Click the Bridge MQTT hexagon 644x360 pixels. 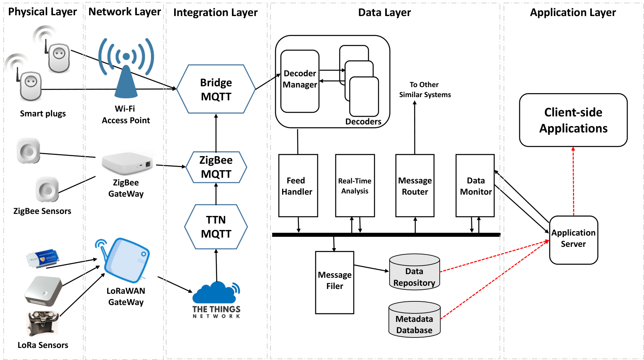tap(216, 89)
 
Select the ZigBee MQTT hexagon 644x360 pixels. tap(216, 167)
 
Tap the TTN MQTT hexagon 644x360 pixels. tap(216, 227)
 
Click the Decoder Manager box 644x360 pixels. tap(300, 81)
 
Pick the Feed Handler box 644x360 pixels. tap(298, 185)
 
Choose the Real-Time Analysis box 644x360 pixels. tap(355, 185)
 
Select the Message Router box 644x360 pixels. tap(415, 185)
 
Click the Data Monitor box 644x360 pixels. tap(475, 185)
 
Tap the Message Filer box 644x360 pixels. tap(335, 283)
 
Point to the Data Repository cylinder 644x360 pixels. tap(414, 271)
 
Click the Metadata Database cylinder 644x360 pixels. tap(414, 319)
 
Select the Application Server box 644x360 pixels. tap(573, 240)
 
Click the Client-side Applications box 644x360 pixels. tap(573, 120)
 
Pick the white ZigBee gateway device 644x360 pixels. tap(126, 163)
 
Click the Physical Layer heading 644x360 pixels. tap(43, 12)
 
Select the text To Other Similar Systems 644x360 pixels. tap(425, 89)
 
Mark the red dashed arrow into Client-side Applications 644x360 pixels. tap(573, 181)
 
